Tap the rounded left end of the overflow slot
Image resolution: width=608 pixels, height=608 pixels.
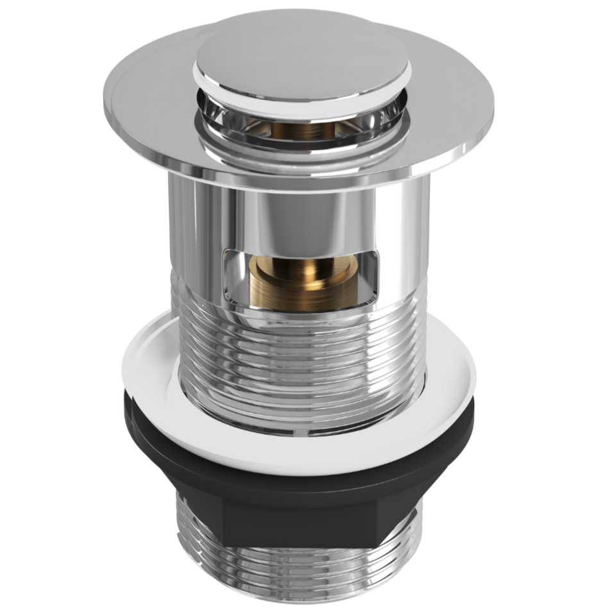pos(226,276)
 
